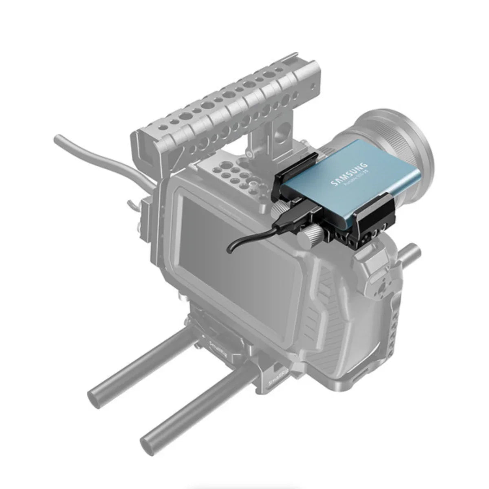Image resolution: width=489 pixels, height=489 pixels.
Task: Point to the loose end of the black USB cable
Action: (229, 249)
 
